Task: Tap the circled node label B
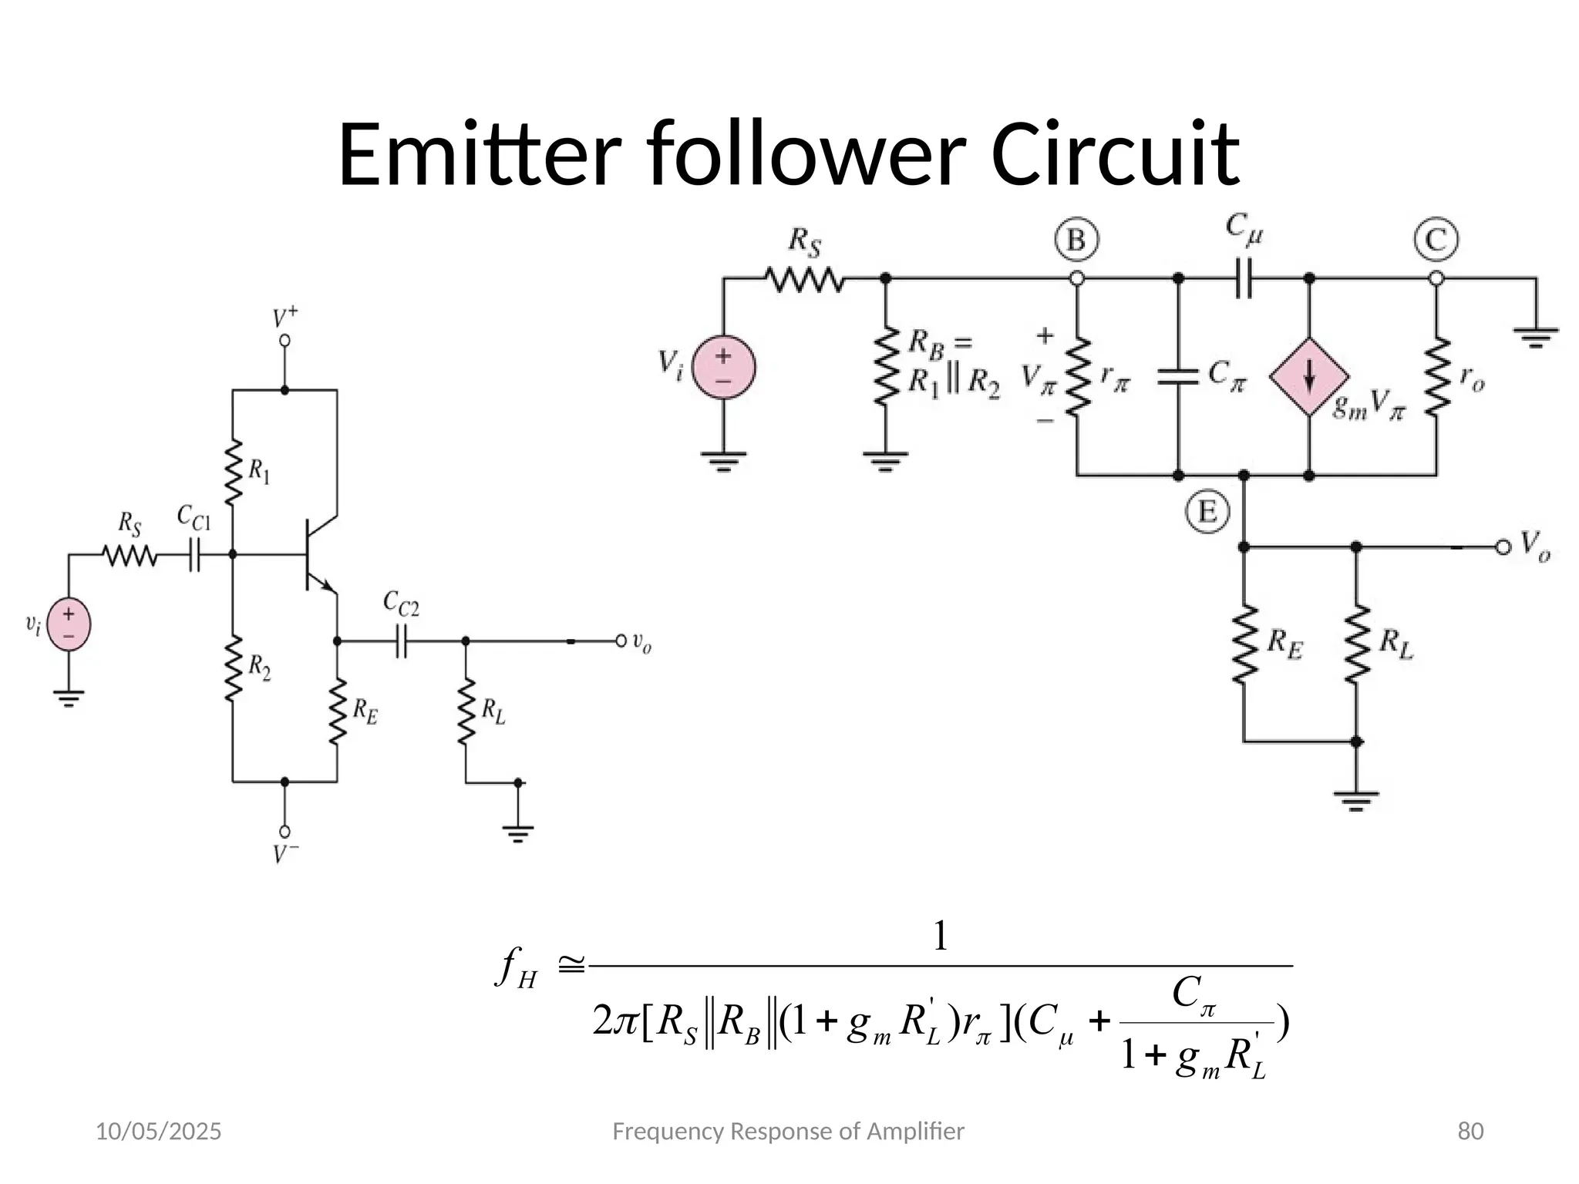tap(1076, 240)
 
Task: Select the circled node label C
tap(1436, 240)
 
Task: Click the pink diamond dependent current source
tap(1309, 377)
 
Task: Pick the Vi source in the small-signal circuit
tap(723, 367)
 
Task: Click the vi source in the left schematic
tap(69, 624)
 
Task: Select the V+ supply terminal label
tap(285, 318)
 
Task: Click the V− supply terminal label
tap(285, 854)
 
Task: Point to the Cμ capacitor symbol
tap(1243, 278)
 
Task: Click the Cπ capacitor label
tap(1226, 375)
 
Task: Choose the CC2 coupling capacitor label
tap(401, 604)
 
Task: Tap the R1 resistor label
tap(259, 471)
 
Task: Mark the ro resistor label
tap(1472, 378)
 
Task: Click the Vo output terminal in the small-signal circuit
tap(1503, 547)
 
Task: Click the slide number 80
tap(1470, 1132)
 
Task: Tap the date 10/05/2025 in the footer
tap(158, 1132)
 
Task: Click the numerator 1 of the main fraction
tap(940, 937)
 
